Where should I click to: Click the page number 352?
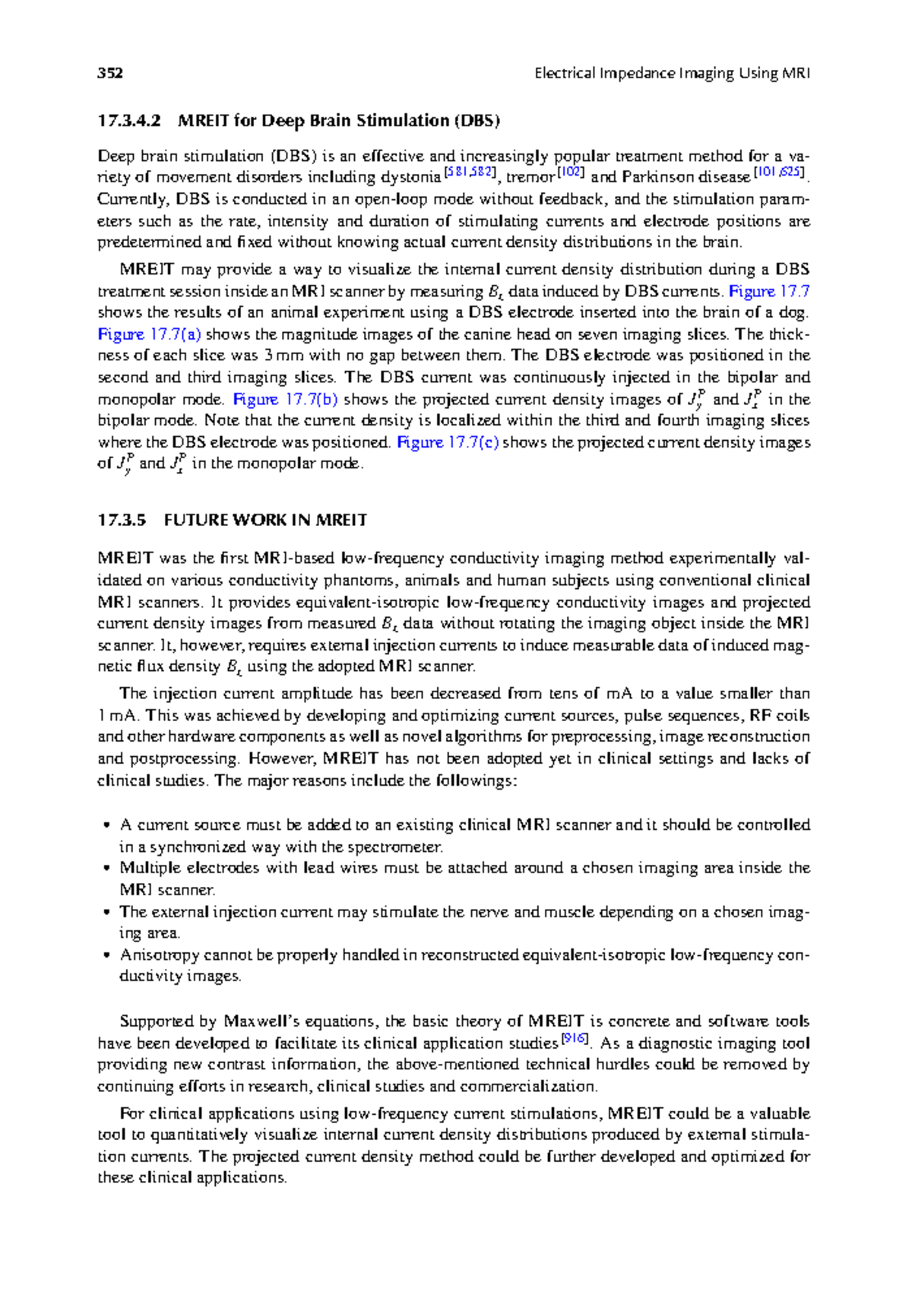click(110, 74)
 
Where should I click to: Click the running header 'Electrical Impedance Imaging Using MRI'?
click(672, 74)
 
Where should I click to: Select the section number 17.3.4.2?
click(129, 121)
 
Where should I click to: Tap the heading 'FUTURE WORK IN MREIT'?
click(265, 521)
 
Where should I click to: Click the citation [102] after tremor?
click(570, 173)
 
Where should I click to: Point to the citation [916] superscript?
click(575, 1039)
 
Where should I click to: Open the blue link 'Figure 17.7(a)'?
click(149, 334)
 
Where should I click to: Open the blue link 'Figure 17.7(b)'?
click(285, 400)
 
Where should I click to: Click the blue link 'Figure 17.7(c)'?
click(448, 443)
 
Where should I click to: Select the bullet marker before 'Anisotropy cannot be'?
click(106, 956)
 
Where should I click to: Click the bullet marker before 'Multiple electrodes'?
click(106, 869)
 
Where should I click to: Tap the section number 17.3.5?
click(121, 521)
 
